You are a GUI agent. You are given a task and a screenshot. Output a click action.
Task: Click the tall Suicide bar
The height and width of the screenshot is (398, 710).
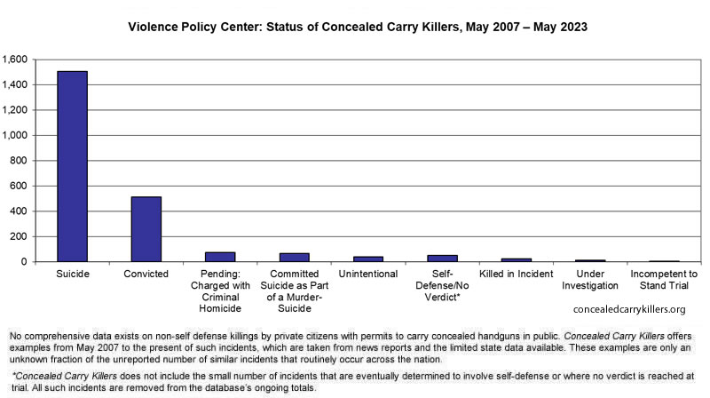(x=73, y=166)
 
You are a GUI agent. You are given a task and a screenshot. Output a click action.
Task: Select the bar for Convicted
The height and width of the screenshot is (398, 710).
(x=146, y=229)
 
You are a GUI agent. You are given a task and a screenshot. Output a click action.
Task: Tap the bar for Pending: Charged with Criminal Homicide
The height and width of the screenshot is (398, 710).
(x=220, y=257)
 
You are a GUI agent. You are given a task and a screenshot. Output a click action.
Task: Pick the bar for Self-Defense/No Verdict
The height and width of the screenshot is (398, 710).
(x=442, y=259)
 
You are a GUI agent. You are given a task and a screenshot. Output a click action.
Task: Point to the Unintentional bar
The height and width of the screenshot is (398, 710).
(x=368, y=259)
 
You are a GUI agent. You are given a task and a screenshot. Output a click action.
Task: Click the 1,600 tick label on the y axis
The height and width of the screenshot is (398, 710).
(x=15, y=60)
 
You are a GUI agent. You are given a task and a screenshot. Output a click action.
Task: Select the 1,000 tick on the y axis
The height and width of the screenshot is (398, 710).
(x=15, y=135)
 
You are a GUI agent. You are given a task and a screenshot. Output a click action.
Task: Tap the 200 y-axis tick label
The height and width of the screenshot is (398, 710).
(x=19, y=236)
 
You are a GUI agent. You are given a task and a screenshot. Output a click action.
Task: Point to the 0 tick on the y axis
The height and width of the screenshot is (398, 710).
(x=25, y=262)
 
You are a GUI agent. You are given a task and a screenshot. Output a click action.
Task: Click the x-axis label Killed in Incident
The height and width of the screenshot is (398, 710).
(x=517, y=274)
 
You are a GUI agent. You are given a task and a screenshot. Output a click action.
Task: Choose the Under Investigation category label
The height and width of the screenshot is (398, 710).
(x=590, y=280)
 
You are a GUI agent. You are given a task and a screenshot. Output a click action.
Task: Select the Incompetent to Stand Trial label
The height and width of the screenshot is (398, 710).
(x=664, y=280)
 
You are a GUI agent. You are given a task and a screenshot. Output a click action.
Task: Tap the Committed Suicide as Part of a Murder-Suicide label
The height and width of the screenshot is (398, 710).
(x=295, y=291)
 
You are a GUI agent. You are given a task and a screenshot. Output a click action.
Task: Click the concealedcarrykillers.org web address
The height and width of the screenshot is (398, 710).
(x=629, y=309)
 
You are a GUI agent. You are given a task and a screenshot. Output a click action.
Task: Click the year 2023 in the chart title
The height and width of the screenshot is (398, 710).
(x=573, y=27)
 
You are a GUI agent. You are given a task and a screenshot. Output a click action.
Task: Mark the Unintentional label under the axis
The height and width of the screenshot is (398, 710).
(x=368, y=274)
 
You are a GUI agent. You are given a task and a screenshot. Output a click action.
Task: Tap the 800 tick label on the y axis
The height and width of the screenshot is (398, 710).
(x=19, y=161)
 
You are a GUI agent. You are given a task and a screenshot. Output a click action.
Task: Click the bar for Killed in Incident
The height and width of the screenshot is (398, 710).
(x=517, y=260)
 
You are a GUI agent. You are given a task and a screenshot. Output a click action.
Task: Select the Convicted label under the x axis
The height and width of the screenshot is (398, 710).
(x=146, y=274)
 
